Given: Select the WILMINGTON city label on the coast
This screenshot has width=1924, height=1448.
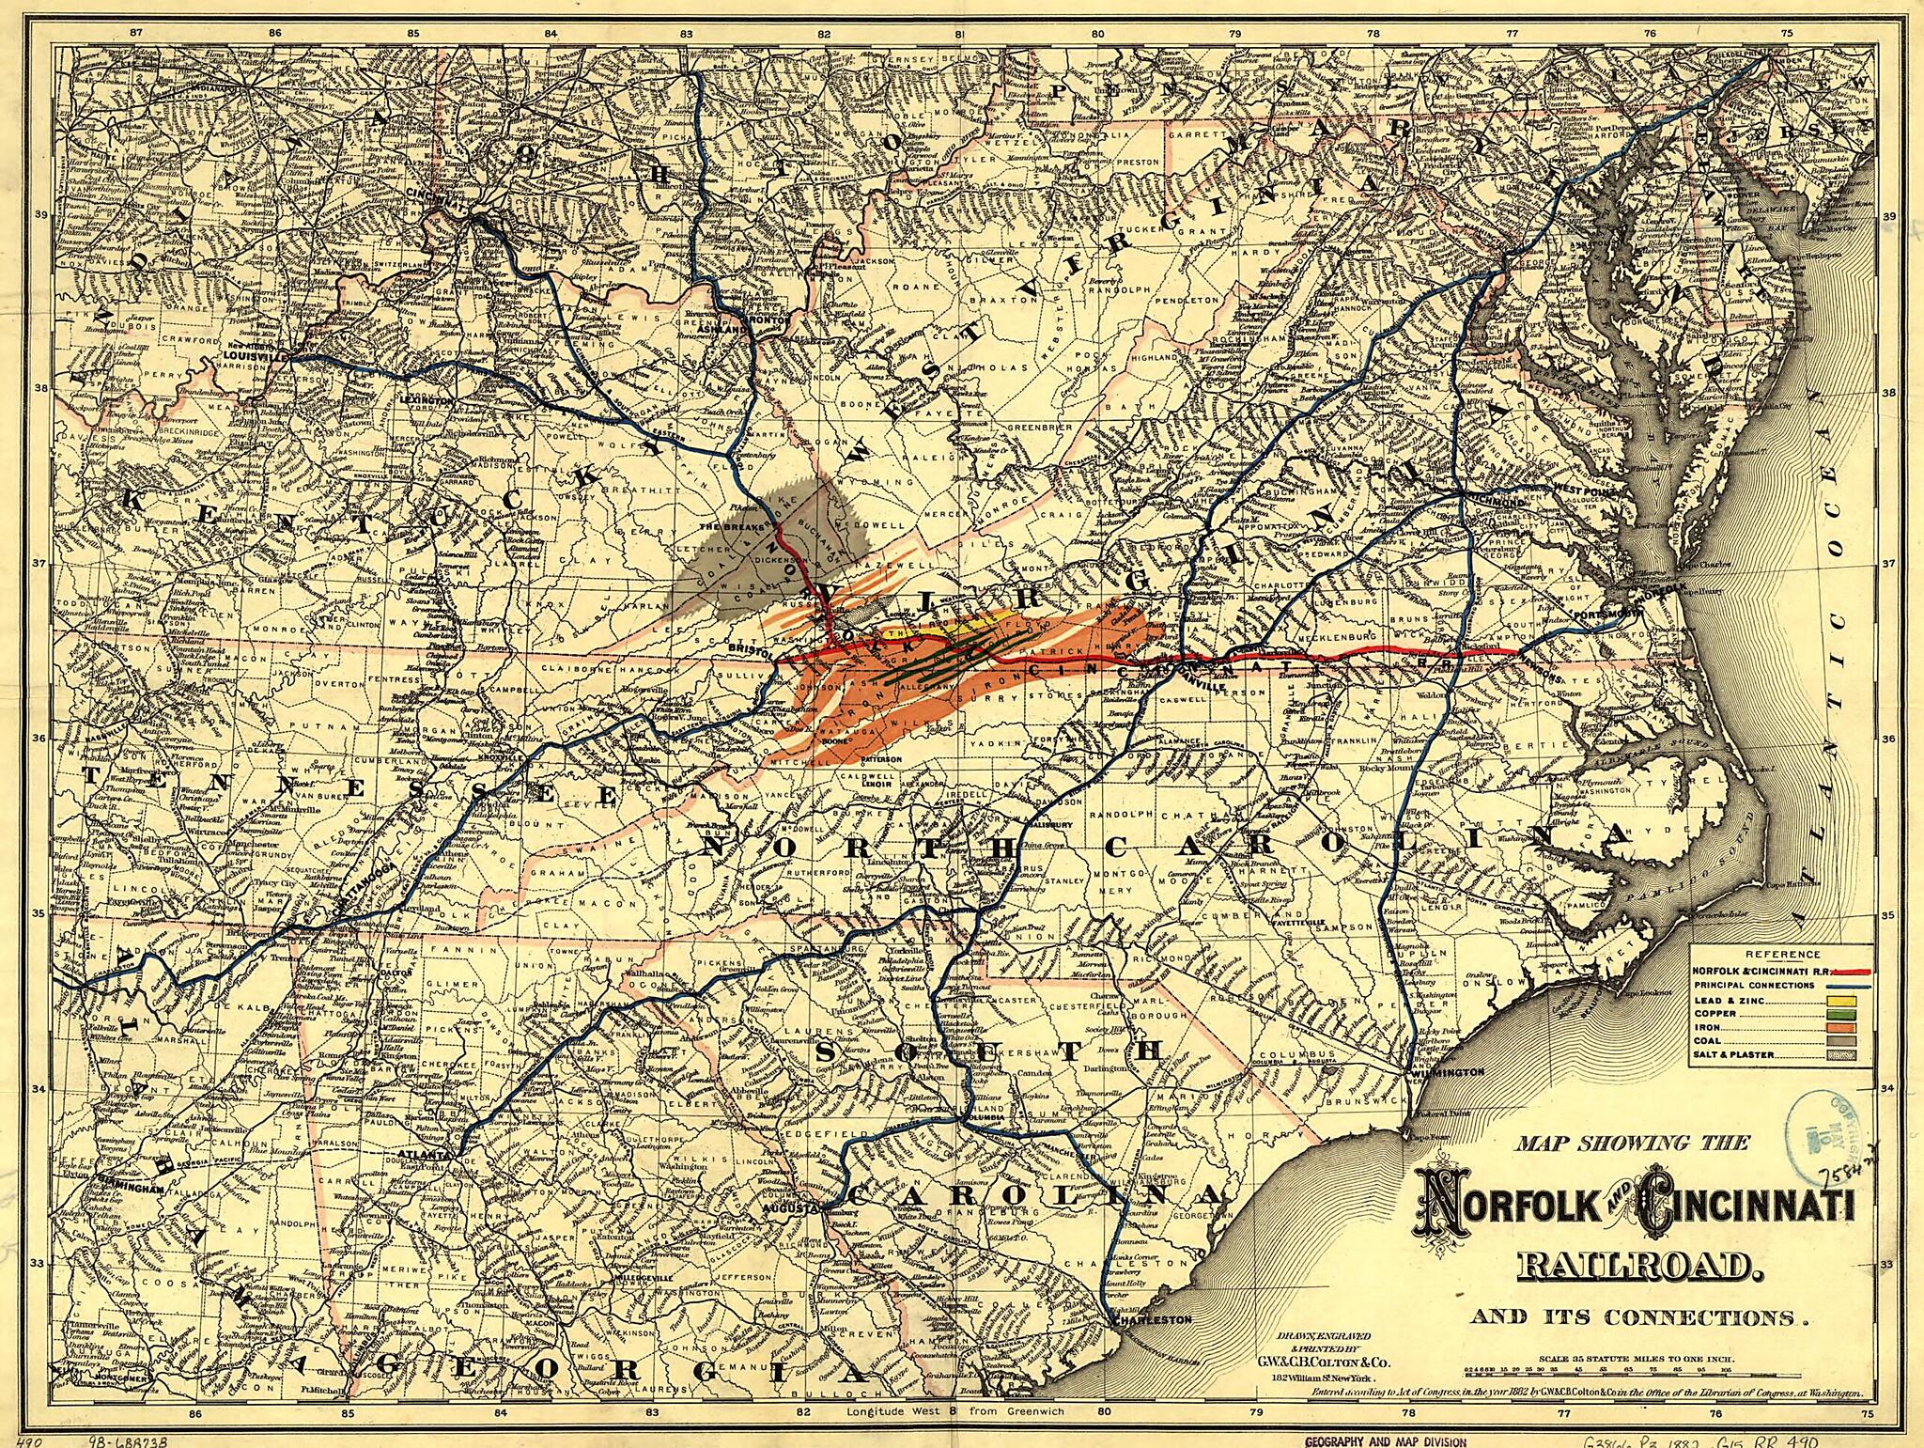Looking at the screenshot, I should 1449,1071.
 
